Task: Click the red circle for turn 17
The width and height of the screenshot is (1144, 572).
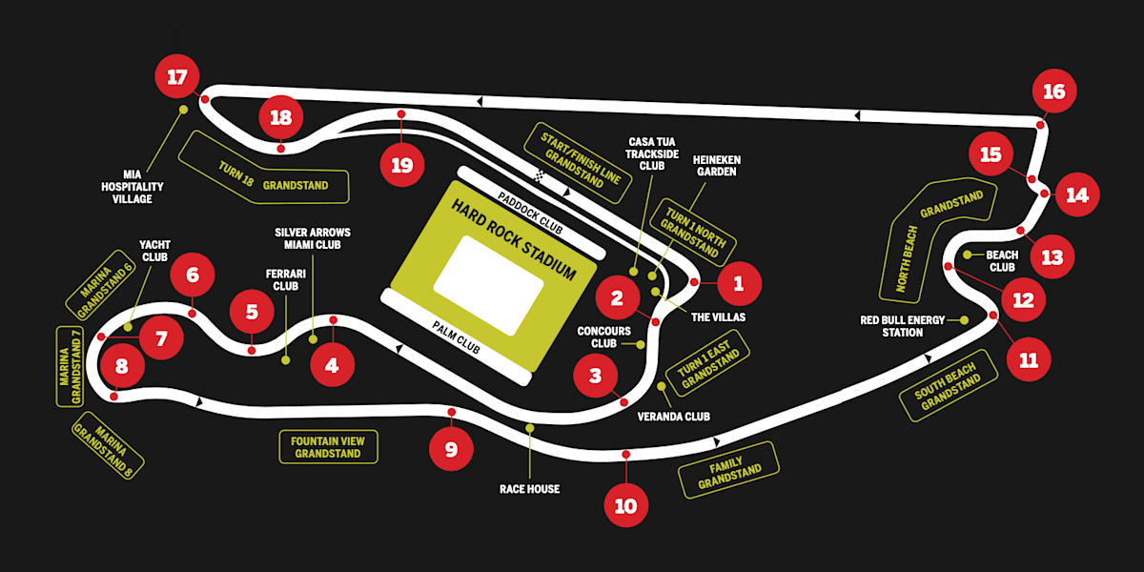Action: (177, 77)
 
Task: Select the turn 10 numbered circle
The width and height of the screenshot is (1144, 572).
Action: (625, 505)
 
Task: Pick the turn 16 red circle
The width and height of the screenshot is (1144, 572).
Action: (1053, 92)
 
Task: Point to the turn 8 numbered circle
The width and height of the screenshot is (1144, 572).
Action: (121, 365)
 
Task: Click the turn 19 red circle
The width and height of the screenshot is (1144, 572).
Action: (401, 165)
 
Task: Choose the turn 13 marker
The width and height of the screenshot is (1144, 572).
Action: (1052, 257)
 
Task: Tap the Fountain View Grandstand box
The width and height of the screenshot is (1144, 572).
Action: (328, 446)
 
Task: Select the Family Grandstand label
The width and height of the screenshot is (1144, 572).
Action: (730, 471)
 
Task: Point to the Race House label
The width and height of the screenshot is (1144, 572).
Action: (529, 489)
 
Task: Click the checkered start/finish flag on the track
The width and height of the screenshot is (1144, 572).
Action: (541, 175)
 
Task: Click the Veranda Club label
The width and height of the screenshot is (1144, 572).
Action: (674, 416)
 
